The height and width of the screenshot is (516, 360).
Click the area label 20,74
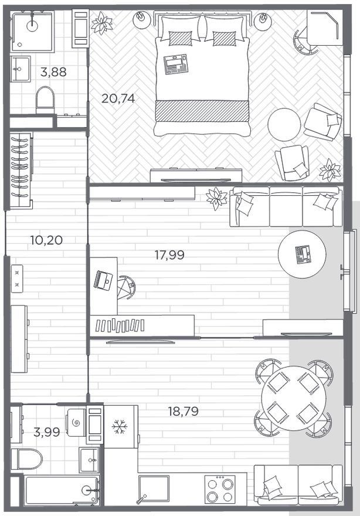point(118,98)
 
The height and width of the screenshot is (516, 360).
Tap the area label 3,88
point(53,72)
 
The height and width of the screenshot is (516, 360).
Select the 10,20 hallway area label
point(46,240)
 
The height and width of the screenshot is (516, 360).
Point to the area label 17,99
point(169,254)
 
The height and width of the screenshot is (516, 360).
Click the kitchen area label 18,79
point(184,412)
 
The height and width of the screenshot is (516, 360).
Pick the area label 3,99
point(47,432)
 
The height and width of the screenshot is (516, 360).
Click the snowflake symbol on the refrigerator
point(120,427)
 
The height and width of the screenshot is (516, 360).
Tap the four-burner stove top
point(219,489)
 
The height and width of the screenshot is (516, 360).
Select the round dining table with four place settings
point(292,398)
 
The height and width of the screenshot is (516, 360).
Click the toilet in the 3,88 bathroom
point(45,100)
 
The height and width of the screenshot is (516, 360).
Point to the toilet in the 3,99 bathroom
point(26,459)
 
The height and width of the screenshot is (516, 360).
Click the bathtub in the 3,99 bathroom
point(62,490)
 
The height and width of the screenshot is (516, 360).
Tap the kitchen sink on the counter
point(154,488)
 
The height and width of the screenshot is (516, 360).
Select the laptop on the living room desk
point(103,280)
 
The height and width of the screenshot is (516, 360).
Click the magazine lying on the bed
point(176,64)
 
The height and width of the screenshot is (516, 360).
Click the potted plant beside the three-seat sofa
point(216,198)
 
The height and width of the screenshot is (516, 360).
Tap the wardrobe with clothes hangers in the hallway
point(21,170)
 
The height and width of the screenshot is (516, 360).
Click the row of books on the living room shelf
point(120,325)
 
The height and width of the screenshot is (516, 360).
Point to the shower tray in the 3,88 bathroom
point(32,31)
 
